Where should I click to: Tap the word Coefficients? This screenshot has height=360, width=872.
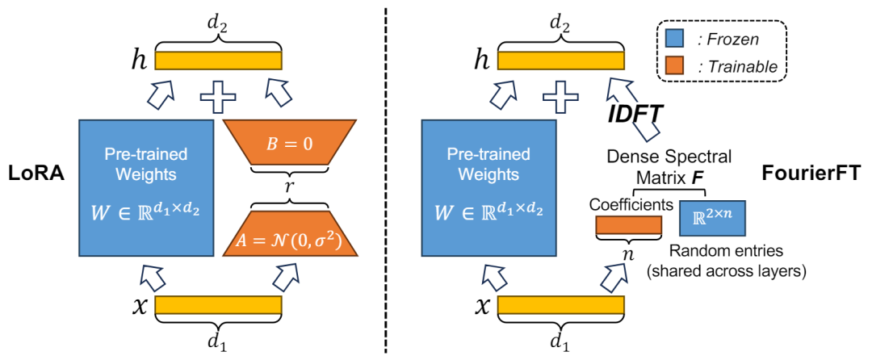(x=630, y=206)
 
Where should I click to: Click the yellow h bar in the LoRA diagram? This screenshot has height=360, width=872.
(x=218, y=61)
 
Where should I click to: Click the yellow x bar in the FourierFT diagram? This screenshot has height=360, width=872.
(x=561, y=305)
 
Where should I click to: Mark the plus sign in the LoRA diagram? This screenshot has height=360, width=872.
(x=218, y=98)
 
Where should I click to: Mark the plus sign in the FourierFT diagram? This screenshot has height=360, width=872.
(x=561, y=98)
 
